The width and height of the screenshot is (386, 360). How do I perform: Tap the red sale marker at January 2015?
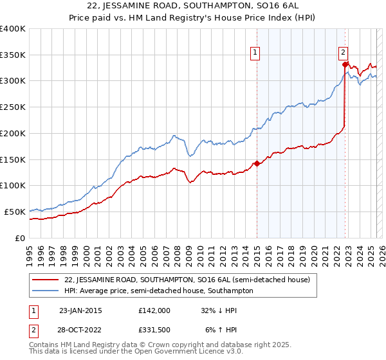[x=257, y=163]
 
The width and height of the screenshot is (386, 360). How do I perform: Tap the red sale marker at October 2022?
[x=345, y=64]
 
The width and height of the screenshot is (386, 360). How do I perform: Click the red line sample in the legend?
[x=46, y=280]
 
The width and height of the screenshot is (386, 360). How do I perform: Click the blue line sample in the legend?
[x=46, y=291]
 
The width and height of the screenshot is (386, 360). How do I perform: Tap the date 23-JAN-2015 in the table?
[x=80, y=310]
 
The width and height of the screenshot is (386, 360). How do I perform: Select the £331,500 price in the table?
[x=154, y=331]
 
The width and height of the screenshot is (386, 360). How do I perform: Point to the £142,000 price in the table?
[x=154, y=310]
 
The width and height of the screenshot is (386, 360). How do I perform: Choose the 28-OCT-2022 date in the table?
[x=80, y=331]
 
